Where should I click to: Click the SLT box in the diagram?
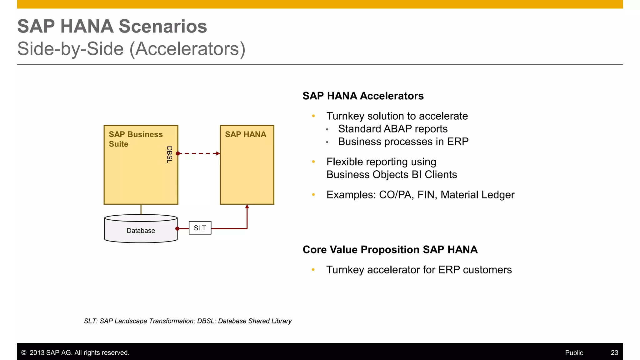[x=200, y=228]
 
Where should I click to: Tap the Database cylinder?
[x=141, y=230]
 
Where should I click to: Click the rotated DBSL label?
[x=169, y=154]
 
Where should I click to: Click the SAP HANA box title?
[x=246, y=134]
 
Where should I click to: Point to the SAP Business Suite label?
[x=136, y=139]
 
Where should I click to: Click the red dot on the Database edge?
[x=177, y=229]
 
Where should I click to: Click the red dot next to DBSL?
[x=178, y=153]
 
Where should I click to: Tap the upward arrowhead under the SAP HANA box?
[x=247, y=207]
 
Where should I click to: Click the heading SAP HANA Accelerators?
[x=363, y=96]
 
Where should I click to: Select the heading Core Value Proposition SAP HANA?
[x=390, y=250]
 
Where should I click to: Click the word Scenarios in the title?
[x=163, y=26]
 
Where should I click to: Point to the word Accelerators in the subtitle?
[x=187, y=49]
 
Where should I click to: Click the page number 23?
[x=614, y=352]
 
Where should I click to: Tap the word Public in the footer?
[x=574, y=352]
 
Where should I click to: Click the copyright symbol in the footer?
[x=24, y=352]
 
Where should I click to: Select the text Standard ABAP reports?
[x=392, y=129]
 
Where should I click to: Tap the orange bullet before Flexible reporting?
[x=313, y=162]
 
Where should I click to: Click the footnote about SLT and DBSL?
[x=187, y=321]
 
